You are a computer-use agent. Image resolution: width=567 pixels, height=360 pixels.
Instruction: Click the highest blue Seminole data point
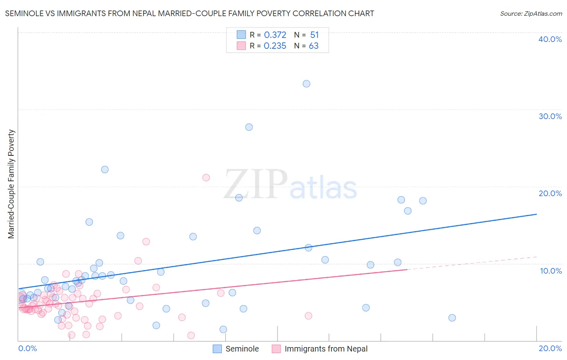[x=306, y=84]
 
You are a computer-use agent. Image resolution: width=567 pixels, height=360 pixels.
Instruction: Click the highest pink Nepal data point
[x=206, y=178]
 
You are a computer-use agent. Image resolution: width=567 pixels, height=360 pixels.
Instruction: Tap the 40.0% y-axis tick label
[x=550, y=39]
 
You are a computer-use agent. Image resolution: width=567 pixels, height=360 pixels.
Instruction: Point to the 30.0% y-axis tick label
[x=550, y=116]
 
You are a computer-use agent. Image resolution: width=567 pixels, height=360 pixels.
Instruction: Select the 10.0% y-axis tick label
[x=551, y=271]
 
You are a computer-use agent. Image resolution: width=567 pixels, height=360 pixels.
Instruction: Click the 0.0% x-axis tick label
[x=27, y=348]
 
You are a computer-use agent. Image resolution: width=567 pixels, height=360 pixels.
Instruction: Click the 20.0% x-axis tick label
[x=550, y=348]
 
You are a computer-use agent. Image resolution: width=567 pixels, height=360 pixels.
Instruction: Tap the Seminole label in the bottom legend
[x=242, y=349]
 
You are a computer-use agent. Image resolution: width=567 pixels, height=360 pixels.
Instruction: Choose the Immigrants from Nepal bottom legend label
[x=326, y=349]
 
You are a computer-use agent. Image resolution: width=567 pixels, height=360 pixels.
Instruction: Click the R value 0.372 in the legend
[x=275, y=35]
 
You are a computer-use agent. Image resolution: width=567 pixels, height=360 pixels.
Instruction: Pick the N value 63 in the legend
[x=314, y=46]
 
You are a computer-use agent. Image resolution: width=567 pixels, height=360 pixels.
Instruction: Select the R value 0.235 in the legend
[x=275, y=46]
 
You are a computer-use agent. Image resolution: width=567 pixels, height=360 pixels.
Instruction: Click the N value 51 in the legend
[x=315, y=35]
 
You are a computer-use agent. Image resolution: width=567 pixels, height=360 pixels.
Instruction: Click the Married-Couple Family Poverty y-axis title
[x=11, y=184]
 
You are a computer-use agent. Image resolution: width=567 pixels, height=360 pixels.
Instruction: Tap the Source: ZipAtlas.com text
[x=531, y=14]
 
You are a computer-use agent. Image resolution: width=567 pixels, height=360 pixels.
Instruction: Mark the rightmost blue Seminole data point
[x=452, y=318]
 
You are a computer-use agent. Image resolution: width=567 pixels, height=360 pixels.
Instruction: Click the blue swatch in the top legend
[x=241, y=35]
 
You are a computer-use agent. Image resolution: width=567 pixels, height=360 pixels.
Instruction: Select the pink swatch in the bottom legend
[x=276, y=349]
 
